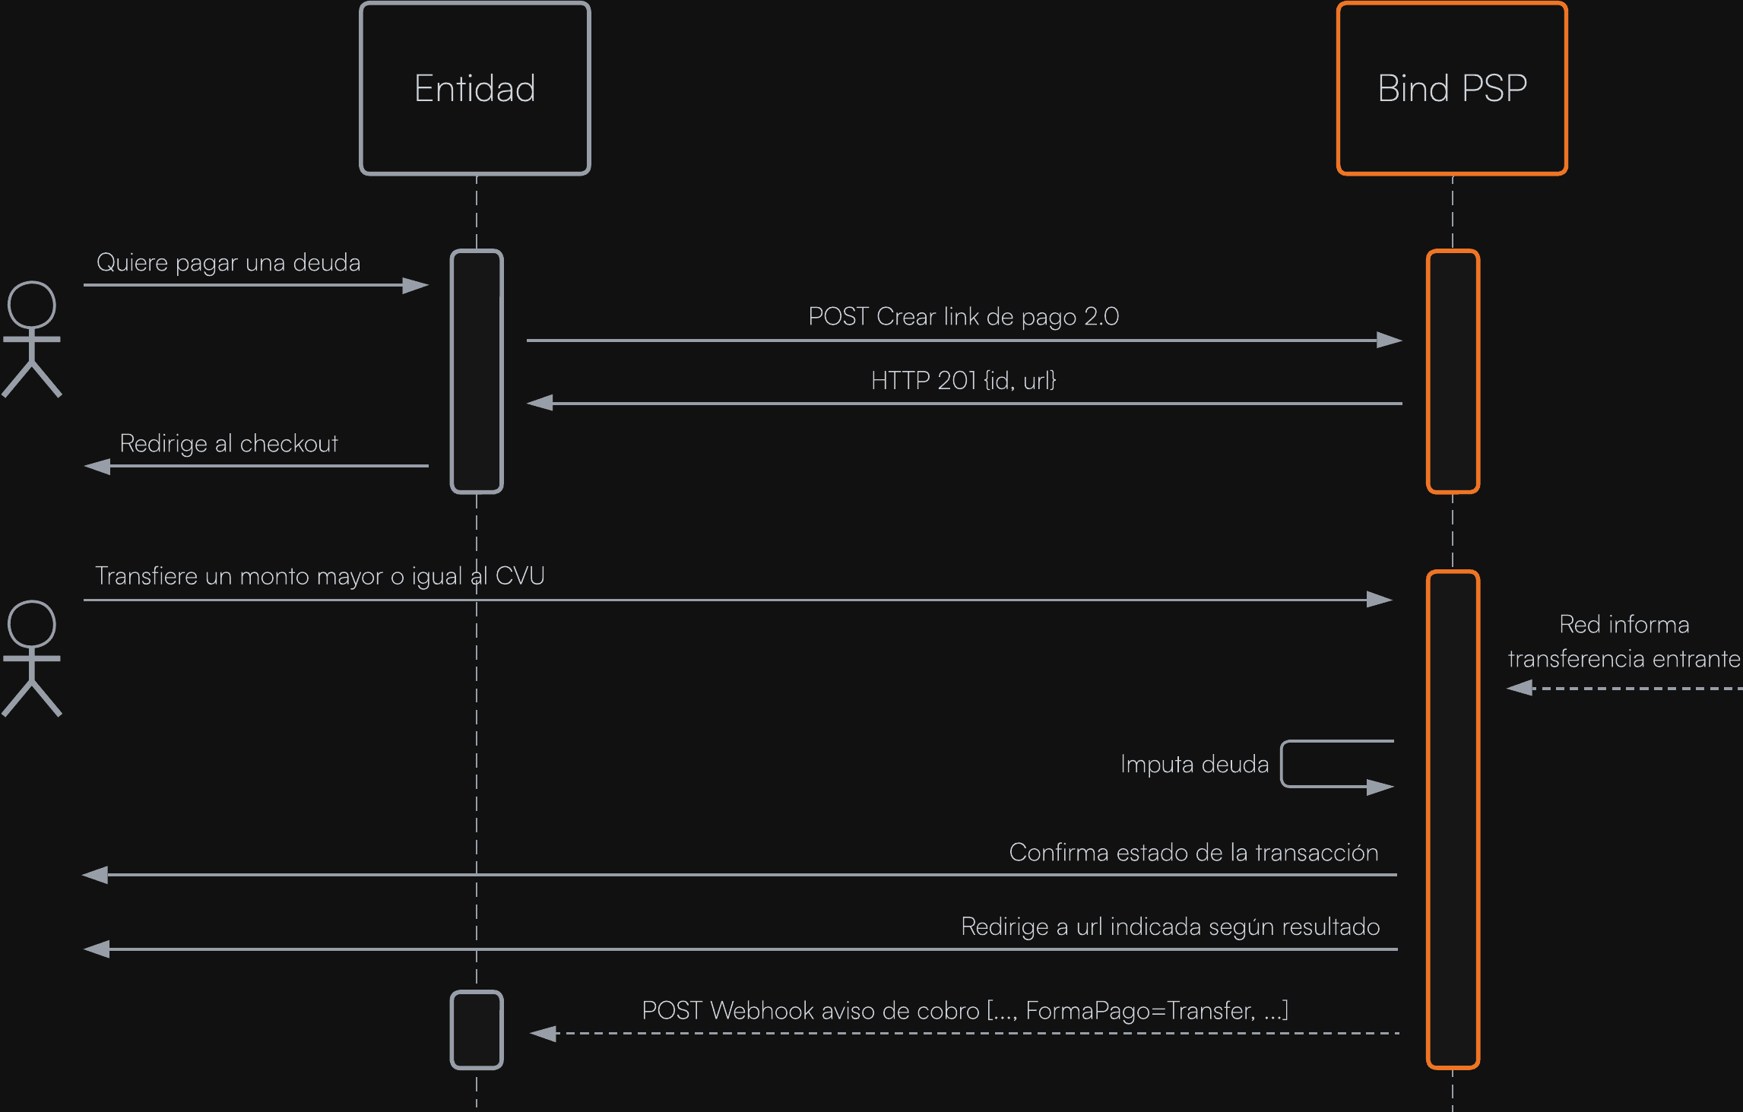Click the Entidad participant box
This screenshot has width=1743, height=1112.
pos(475,89)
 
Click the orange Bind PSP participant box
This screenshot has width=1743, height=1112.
pos(1452,89)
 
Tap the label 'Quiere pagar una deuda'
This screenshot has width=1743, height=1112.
pos(228,263)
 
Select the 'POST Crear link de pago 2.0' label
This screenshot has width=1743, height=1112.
pos(963,317)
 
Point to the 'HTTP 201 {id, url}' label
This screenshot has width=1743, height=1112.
pos(963,380)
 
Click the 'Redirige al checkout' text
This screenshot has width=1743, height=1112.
pos(229,444)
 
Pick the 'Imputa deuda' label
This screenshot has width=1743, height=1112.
pos(1194,765)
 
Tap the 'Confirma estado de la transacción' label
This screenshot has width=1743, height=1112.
pos(1193,853)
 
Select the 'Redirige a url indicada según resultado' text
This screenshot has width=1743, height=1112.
pos(1170,927)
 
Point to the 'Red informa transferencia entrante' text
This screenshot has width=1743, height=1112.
pos(1624,642)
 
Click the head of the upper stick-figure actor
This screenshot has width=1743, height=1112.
pos(32,305)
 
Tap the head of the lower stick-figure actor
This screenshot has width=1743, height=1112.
pos(32,624)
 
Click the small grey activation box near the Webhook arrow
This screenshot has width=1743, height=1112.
pos(477,1030)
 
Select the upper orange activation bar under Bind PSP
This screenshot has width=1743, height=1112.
pos(1453,372)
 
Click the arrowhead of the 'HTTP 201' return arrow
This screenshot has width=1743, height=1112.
pos(540,403)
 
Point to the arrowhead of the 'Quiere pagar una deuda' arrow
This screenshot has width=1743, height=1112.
pos(416,286)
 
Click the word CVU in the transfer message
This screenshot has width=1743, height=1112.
pos(520,576)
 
